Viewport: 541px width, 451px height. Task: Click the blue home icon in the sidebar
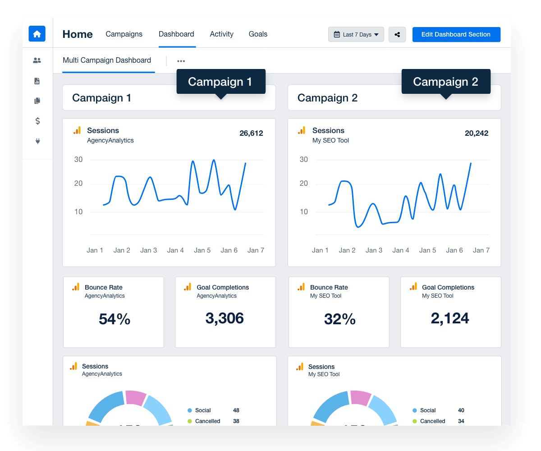pyautogui.click(x=37, y=34)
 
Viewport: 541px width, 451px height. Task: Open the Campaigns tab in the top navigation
pyautogui.click(x=124, y=34)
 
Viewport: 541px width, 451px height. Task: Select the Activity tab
pyautogui.click(x=221, y=34)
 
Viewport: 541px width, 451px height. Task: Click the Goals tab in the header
pyautogui.click(x=258, y=34)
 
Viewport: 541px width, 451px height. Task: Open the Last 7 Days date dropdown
pyautogui.click(x=356, y=35)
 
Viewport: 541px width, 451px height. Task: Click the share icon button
pyautogui.click(x=397, y=35)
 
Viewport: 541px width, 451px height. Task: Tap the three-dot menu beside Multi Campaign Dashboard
pyautogui.click(x=181, y=61)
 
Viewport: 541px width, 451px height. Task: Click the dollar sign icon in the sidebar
pyautogui.click(x=37, y=121)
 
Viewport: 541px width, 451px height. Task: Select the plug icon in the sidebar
pyautogui.click(x=37, y=141)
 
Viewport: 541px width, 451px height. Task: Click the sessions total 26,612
pyautogui.click(x=251, y=133)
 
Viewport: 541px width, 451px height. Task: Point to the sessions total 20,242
pyautogui.click(x=477, y=133)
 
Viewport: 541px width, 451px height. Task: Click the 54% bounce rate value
pyautogui.click(x=115, y=319)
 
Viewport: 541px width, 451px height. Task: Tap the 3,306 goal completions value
pyautogui.click(x=225, y=318)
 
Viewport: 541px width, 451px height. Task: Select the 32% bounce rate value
pyautogui.click(x=339, y=319)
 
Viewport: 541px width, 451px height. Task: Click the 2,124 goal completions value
pyautogui.click(x=450, y=318)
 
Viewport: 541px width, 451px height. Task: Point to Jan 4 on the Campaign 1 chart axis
pyautogui.click(x=175, y=250)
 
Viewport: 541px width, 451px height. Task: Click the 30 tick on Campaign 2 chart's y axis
pyautogui.click(x=304, y=160)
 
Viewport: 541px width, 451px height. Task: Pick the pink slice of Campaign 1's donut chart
pyautogui.click(x=136, y=398)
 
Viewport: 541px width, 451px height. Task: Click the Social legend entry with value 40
pyautogui.click(x=428, y=410)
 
